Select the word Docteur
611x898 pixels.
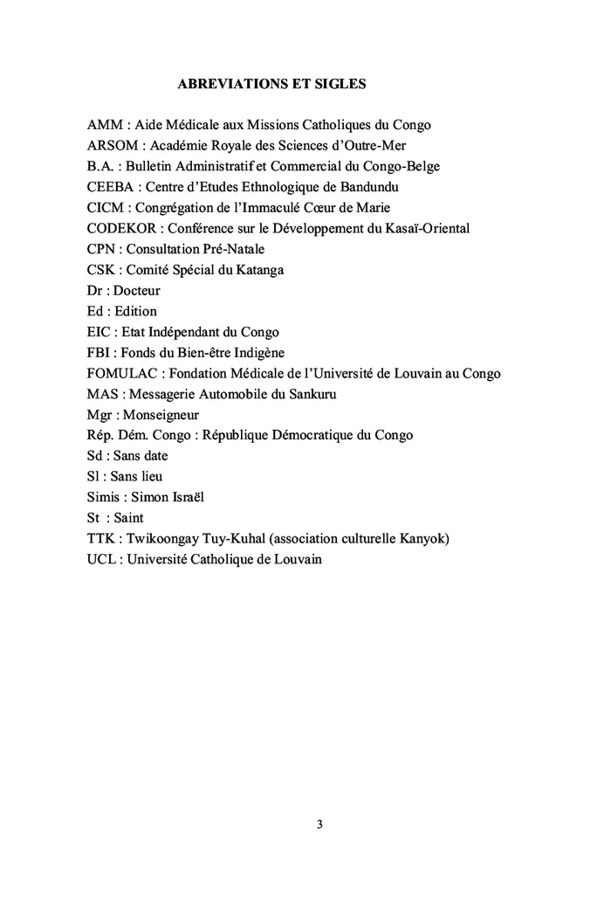(x=136, y=291)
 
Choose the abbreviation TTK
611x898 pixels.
(x=101, y=539)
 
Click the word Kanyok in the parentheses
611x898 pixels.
(x=422, y=539)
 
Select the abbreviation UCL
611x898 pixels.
(x=101, y=560)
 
